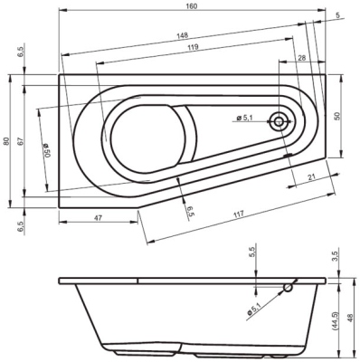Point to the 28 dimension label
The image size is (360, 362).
coord(299,58)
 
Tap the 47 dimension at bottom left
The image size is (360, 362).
coord(97,219)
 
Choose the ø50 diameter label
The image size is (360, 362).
coord(45,148)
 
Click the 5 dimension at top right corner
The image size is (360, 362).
coord(336,15)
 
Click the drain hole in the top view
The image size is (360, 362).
coord(283,119)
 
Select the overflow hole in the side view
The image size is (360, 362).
coord(288,289)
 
